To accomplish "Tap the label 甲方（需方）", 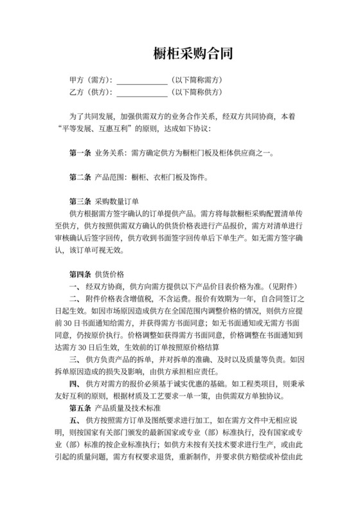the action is [91, 80].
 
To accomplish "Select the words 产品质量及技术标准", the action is [126, 408].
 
